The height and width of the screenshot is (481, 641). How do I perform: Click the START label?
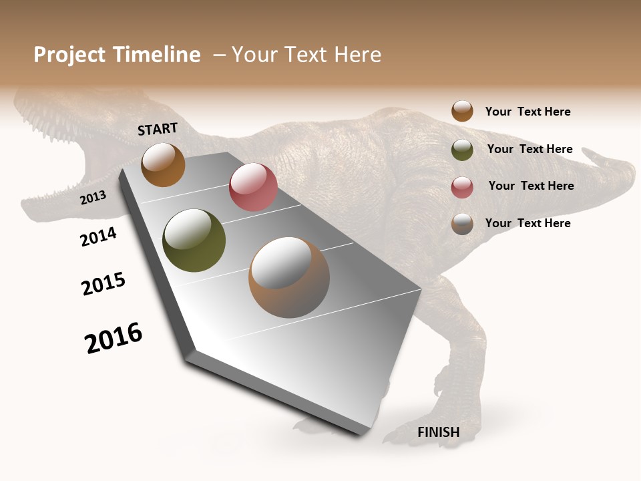[158, 129]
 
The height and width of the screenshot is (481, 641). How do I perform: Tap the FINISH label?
[439, 432]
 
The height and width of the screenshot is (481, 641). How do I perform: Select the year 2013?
[93, 198]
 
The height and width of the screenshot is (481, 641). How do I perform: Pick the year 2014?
[98, 236]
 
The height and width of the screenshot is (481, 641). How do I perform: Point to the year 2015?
[103, 284]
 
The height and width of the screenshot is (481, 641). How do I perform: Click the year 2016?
[114, 338]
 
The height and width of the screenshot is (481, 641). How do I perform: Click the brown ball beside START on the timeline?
[163, 165]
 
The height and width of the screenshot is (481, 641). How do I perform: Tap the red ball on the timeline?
[253, 187]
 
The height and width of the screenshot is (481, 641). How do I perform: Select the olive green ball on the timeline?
[194, 240]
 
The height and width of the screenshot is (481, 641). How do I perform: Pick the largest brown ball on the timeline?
[289, 277]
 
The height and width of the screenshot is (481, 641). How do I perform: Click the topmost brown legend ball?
[462, 111]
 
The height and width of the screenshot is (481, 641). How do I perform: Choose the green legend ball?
[462, 150]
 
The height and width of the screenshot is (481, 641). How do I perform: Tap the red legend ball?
[462, 187]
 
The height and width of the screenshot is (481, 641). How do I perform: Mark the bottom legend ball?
[462, 224]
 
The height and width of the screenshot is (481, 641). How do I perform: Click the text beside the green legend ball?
[529, 149]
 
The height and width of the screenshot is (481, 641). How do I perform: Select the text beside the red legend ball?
[531, 186]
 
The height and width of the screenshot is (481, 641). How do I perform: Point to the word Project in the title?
[69, 55]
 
